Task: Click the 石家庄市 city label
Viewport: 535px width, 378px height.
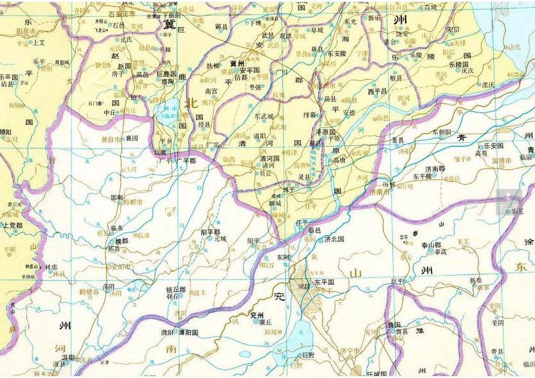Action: tap(122, 13)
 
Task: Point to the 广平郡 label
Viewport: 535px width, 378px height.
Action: tap(185, 160)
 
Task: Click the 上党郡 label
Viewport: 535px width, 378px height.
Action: tap(12, 226)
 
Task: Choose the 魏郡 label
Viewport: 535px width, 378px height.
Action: tap(119, 240)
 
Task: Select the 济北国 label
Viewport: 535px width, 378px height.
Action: tap(334, 239)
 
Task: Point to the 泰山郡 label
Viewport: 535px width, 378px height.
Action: tap(430, 245)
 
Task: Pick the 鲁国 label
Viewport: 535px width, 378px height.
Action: tap(394, 325)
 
